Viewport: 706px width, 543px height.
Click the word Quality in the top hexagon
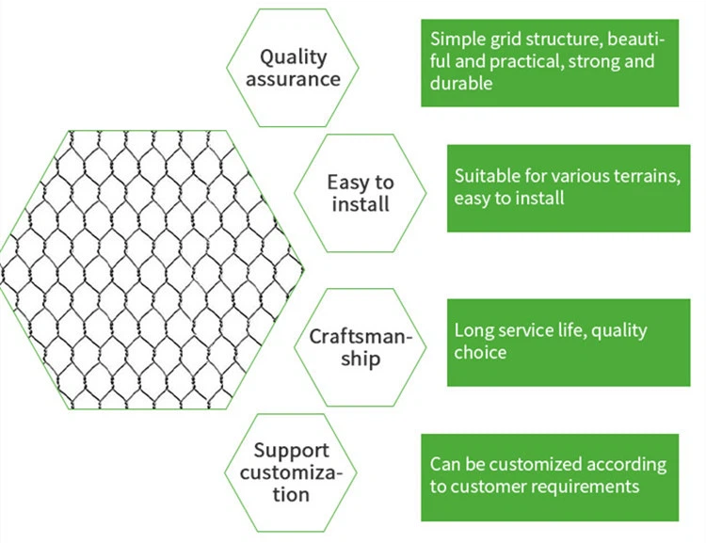pos(293,58)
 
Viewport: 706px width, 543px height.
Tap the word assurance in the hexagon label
pos(293,79)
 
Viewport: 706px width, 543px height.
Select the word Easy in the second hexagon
pos(345,184)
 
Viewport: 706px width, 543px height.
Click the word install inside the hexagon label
pos(361,203)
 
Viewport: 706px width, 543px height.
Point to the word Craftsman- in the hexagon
pos(361,336)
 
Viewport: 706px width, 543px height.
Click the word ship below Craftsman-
pos(361,359)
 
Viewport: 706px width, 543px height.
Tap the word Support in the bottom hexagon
pos(291,452)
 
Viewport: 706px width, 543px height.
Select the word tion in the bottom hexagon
pos(291,494)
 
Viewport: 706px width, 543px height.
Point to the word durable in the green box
pos(461,83)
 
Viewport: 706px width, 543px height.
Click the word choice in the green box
pos(480,352)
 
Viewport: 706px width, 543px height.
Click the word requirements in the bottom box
pos(587,487)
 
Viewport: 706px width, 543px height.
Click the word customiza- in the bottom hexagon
pos(291,473)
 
